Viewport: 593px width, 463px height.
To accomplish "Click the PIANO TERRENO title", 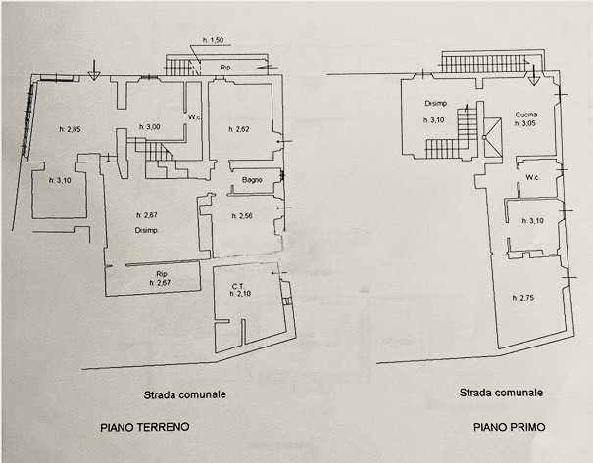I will point(144,427).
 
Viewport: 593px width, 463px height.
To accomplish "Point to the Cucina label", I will point(527,115).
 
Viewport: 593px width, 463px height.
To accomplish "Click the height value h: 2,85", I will point(69,129).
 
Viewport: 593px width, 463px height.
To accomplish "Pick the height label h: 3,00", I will point(149,127).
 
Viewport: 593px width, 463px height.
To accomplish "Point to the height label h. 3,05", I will point(527,124).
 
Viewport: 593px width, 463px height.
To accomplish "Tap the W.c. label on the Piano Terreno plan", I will point(194,118).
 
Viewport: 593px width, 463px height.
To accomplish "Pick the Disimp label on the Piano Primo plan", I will point(435,104).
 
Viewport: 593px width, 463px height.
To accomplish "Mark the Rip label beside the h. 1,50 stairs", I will point(224,67).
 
